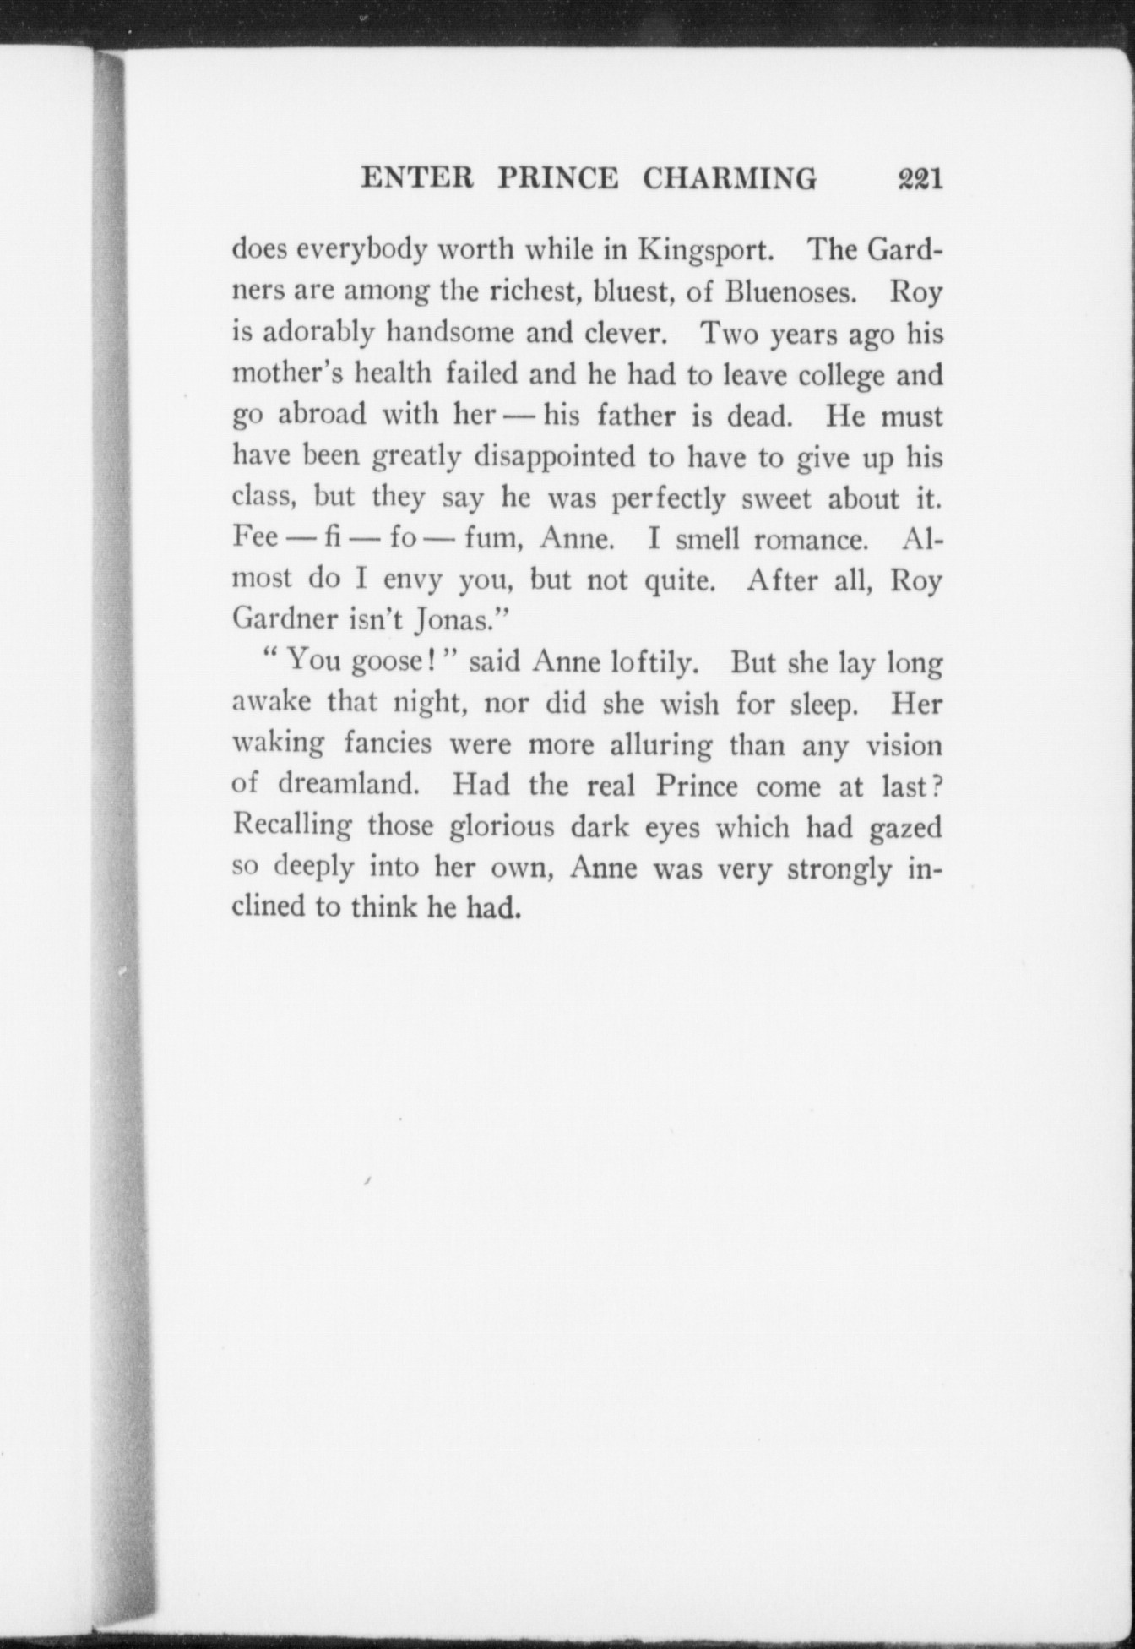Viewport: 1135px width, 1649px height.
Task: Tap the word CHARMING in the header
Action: [x=730, y=179]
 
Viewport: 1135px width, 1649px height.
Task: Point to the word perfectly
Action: [x=668, y=499]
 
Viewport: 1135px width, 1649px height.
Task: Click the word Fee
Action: [x=255, y=538]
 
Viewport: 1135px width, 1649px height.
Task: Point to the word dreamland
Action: [x=348, y=785]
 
